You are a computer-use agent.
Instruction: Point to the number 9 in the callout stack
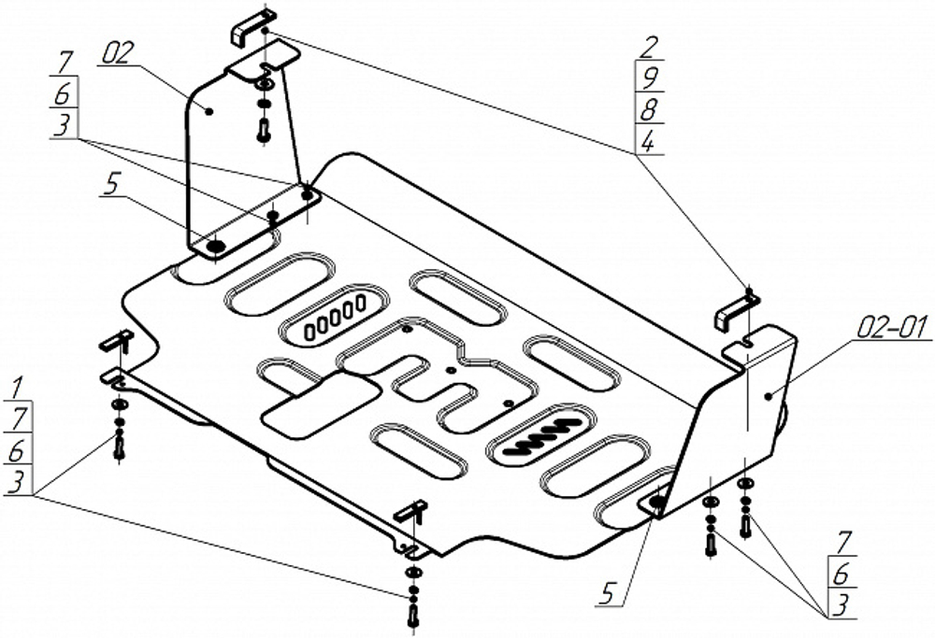pyautogui.click(x=649, y=78)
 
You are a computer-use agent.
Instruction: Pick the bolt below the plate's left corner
pyautogui.click(x=120, y=447)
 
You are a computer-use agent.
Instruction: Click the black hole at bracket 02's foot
pyautogui.click(x=215, y=247)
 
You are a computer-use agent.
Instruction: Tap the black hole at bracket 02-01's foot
pyautogui.click(x=656, y=503)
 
